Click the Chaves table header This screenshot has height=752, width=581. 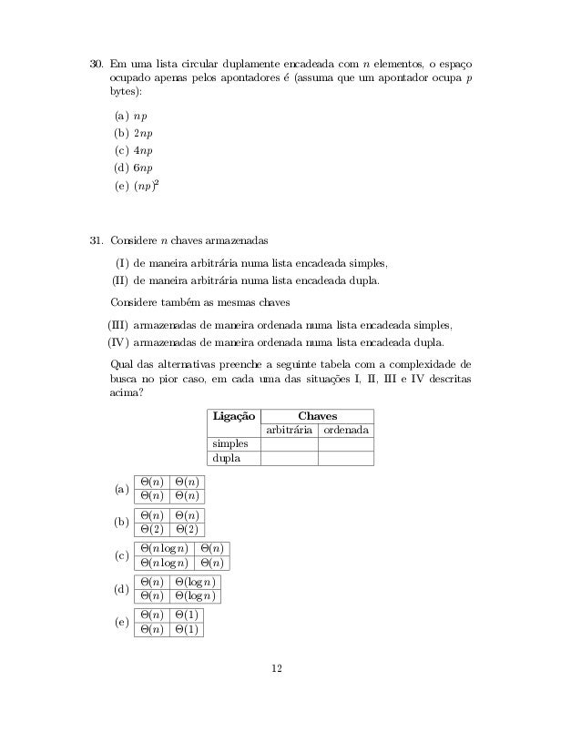tap(318, 415)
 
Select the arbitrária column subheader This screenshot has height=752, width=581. tap(289, 430)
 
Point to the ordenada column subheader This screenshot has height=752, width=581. tap(346, 430)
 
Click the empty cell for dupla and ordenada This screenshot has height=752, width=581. tap(346, 458)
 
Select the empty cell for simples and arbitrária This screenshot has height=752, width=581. tap(289, 443)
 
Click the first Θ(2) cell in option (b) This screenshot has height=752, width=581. tap(150, 529)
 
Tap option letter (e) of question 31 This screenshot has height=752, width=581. tap(119, 622)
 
